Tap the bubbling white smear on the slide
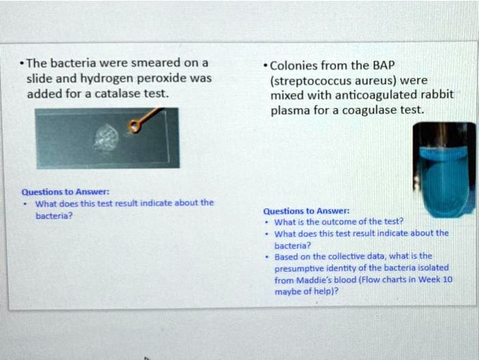(106, 138)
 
